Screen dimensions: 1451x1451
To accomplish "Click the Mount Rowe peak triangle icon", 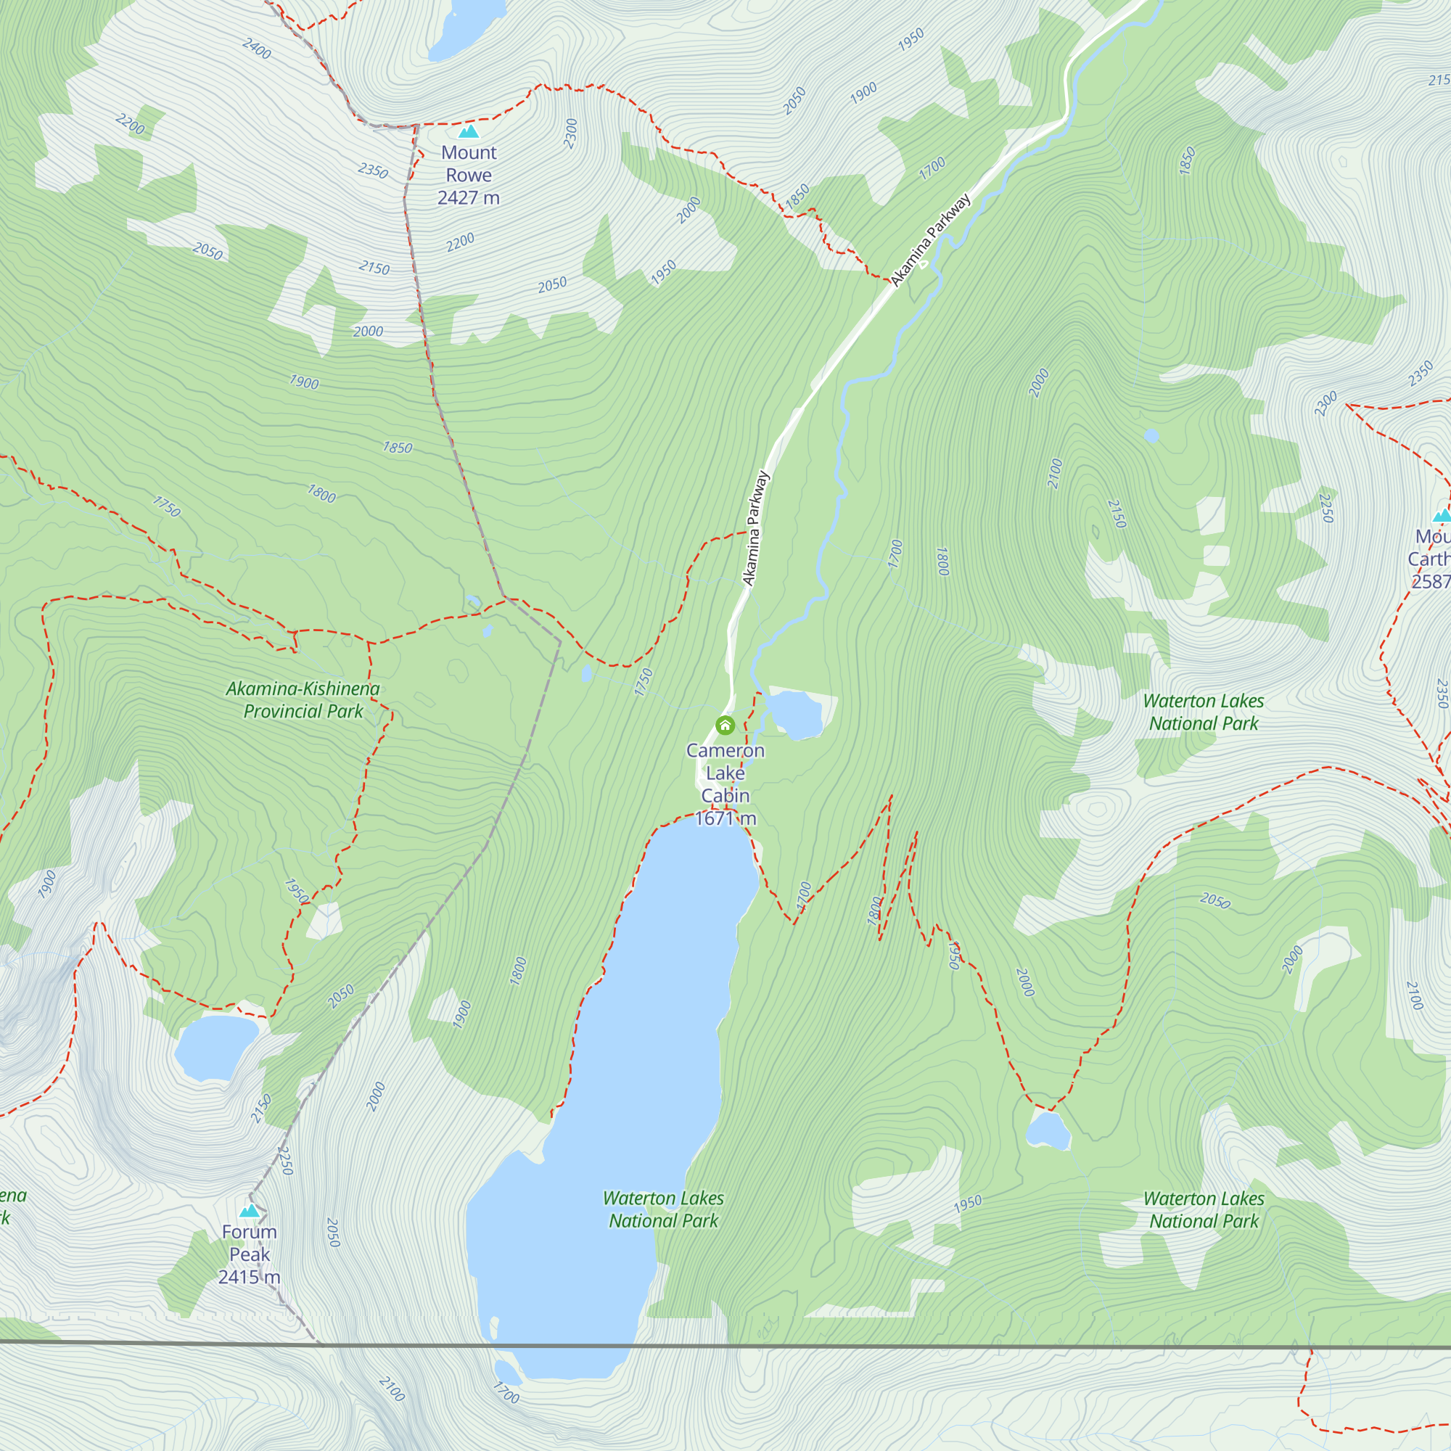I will [469, 132].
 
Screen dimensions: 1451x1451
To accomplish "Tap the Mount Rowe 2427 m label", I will [469, 175].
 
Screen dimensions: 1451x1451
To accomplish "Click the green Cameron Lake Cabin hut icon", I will [725, 725].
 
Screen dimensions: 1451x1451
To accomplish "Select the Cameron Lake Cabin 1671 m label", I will [725, 784].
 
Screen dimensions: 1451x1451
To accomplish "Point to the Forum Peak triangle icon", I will [250, 1211].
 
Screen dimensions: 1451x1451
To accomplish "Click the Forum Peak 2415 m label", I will [250, 1254].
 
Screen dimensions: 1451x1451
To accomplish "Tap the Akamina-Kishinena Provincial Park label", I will [303, 699].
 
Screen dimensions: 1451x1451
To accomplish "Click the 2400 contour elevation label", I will [257, 49].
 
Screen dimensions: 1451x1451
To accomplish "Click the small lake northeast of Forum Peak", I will [215, 1046].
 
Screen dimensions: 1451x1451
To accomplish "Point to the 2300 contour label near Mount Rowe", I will [571, 133].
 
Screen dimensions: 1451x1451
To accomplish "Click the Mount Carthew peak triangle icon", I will [1442, 515].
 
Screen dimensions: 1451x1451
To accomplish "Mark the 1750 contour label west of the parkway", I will [644, 682].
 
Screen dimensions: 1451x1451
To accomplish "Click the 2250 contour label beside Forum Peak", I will [284, 1160].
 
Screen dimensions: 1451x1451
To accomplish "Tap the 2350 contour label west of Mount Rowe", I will [373, 170].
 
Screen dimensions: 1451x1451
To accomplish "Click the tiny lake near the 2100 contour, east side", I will [1151, 435].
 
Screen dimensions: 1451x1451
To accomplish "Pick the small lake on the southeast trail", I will [1048, 1130].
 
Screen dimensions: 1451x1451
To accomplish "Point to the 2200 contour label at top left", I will [130, 123].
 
